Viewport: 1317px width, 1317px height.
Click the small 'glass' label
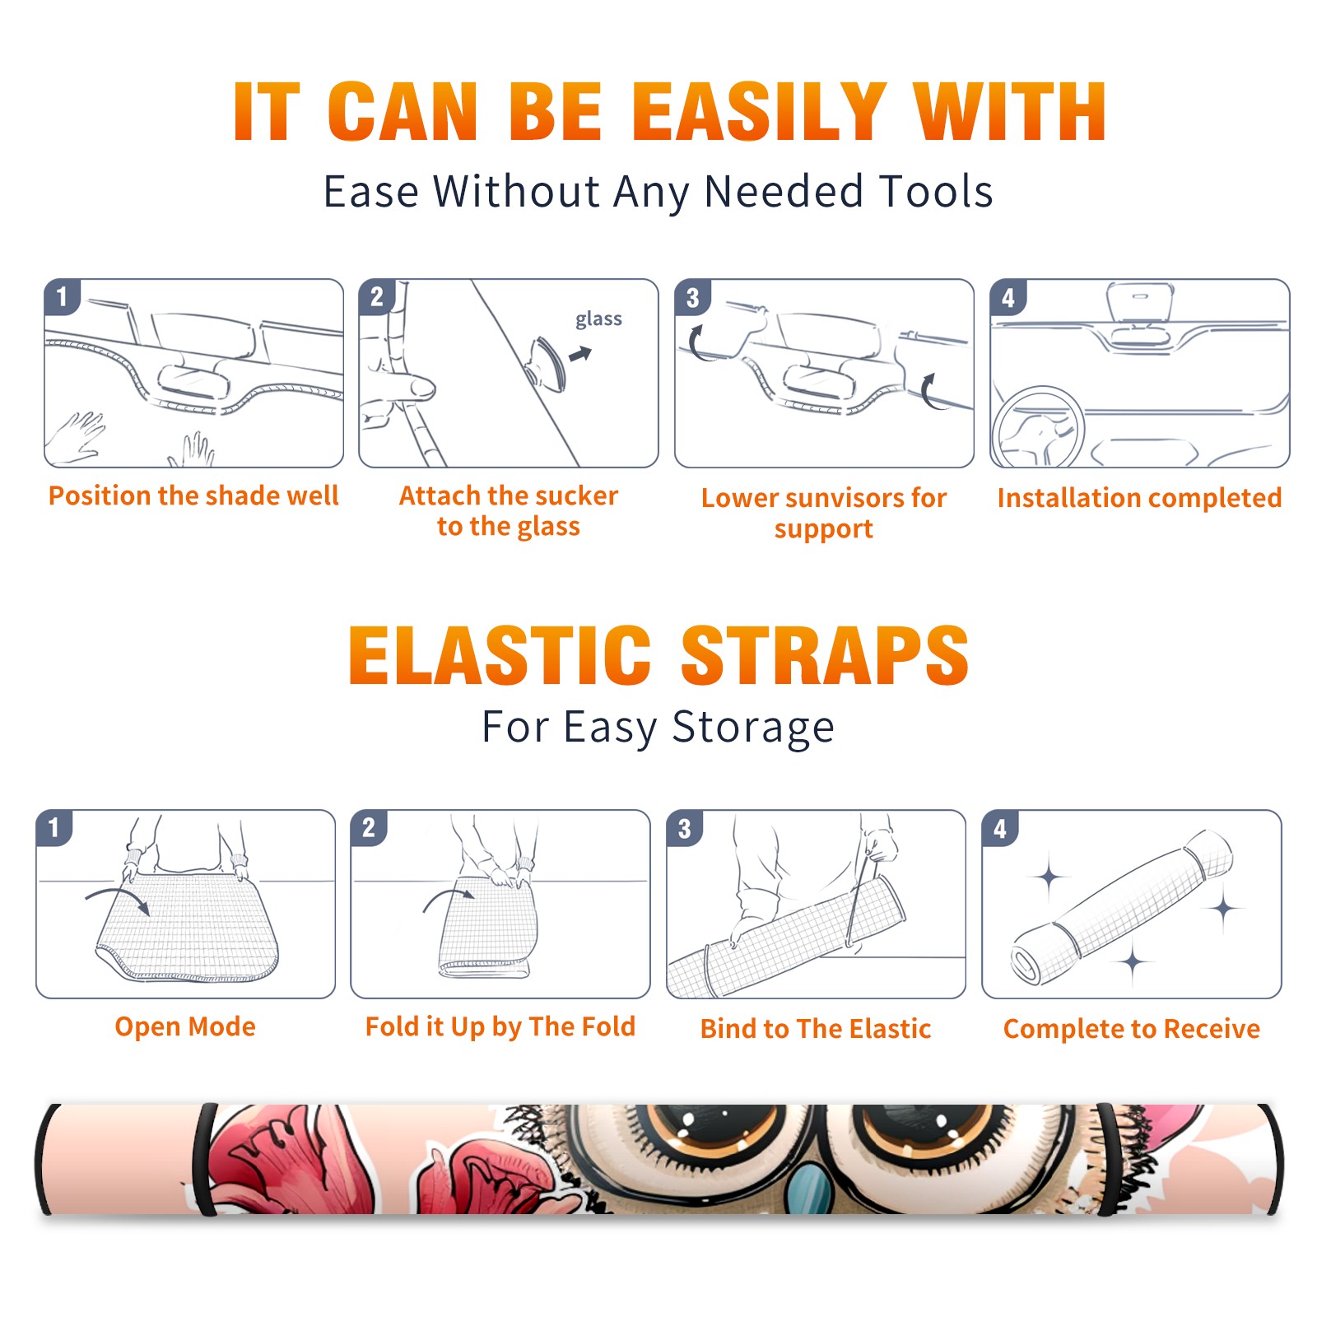[x=598, y=319]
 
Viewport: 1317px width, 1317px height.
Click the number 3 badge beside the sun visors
[x=692, y=297]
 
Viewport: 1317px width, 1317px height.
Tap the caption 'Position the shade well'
[x=193, y=496]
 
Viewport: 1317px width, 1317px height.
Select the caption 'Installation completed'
[x=1139, y=497]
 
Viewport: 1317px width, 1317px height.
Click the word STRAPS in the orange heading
[x=825, y=655]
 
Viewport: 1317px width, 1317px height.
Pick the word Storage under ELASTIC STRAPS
[x=753, y=728]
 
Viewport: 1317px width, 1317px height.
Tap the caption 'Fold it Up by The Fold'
[x=500, y=1026]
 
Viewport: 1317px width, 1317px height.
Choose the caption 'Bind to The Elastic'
[x=816, y=1029]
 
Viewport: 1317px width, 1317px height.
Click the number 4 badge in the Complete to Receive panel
[x=1000, y=828]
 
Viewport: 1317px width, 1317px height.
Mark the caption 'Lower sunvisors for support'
[x=824, y=513]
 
